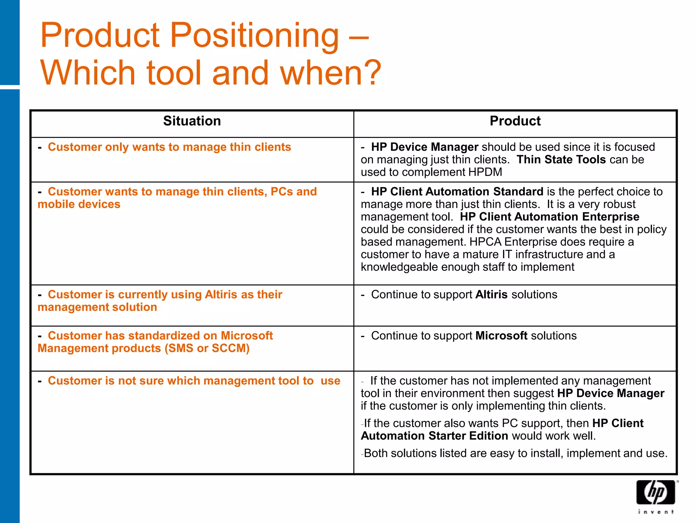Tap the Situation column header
pos(192,121)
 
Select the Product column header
pos(515,121)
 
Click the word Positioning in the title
pos(254,35)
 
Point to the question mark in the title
pos(373,73)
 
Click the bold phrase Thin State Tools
pos(561,159)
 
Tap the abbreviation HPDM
pos(485,172)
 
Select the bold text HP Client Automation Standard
pos(457,191)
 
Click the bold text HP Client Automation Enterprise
pos(549,217)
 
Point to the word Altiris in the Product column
pos(491,295)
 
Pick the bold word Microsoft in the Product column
pos(501,336)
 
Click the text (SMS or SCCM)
pos(207,348)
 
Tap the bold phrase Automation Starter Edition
pos(435,436)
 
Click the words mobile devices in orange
pos(79,204)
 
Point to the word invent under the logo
pos(655,512)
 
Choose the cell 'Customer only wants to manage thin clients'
pos(169,147)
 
